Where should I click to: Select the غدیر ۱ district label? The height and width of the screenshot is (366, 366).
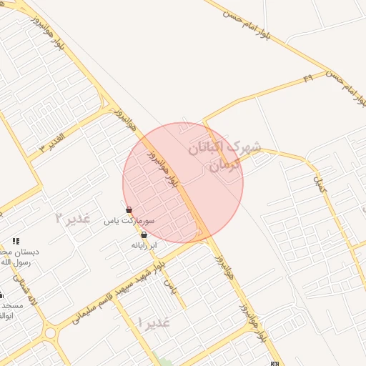coord(155,322)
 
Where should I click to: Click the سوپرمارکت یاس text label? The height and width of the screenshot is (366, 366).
coord(120,221)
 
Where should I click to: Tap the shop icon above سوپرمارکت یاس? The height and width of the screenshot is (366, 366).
coord(129,210)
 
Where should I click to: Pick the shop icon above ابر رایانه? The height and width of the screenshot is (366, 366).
coord(144,234)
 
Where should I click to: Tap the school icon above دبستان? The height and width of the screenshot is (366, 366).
coord(16,242)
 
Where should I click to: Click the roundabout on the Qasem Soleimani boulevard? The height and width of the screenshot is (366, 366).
coord(49,332)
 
